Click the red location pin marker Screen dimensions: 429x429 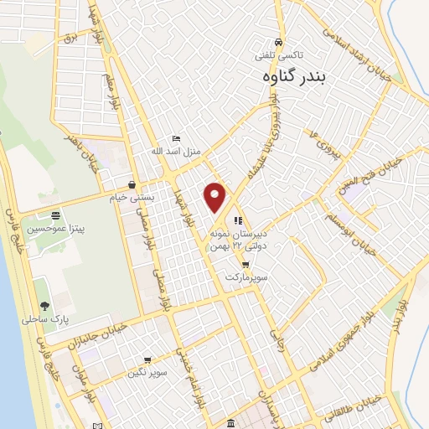point(215,196)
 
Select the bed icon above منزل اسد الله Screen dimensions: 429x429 point(175,138)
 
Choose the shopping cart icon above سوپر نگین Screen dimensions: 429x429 point(147,360)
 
